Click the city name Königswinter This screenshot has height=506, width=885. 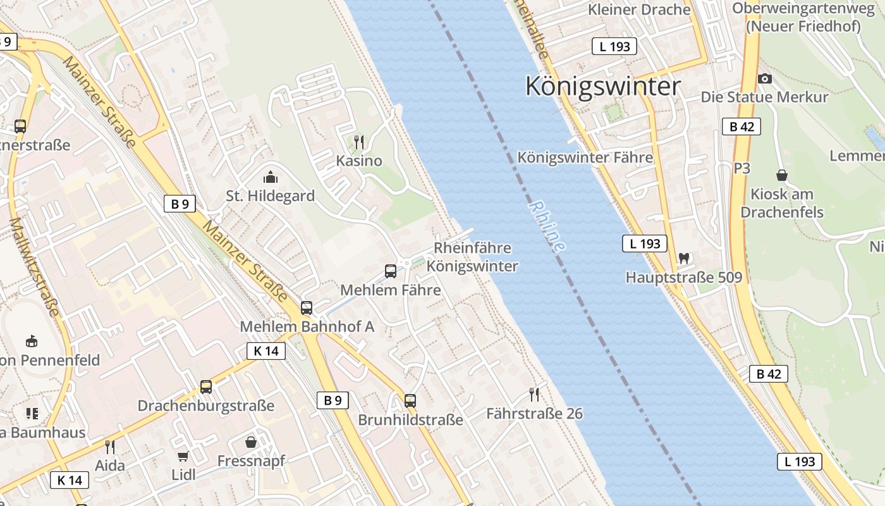tap(603, 86)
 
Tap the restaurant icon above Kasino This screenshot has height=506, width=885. tap(359, 142)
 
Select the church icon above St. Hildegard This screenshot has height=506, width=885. tap(271, 177)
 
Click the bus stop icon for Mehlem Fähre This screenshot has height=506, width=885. tap(391, 271)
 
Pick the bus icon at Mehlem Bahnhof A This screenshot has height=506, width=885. tap(307, 308)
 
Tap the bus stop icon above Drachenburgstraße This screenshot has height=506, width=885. tap(206, 386)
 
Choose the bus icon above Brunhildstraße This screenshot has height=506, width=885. tap(410, 400)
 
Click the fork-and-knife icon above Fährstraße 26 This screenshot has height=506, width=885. tap(534, 395)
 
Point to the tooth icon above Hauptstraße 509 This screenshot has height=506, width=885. tap(683, 258)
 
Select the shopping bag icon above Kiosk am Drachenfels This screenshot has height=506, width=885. tap(782, 175)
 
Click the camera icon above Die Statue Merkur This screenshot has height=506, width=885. tap(765, 78)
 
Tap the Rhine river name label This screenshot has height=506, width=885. tap(547, 226)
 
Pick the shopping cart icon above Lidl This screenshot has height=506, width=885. tap(183, 456)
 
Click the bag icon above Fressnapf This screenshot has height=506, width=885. tap(251, 441)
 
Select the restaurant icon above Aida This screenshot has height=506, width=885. tap(110, 447)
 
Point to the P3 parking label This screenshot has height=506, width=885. tap(742, 168)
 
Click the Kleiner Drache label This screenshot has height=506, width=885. tap(639, 9)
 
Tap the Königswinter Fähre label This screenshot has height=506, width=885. tap(585, 157)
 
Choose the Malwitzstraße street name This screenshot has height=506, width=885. tap(34, 267)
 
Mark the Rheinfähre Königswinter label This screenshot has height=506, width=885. tap(472, 257)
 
